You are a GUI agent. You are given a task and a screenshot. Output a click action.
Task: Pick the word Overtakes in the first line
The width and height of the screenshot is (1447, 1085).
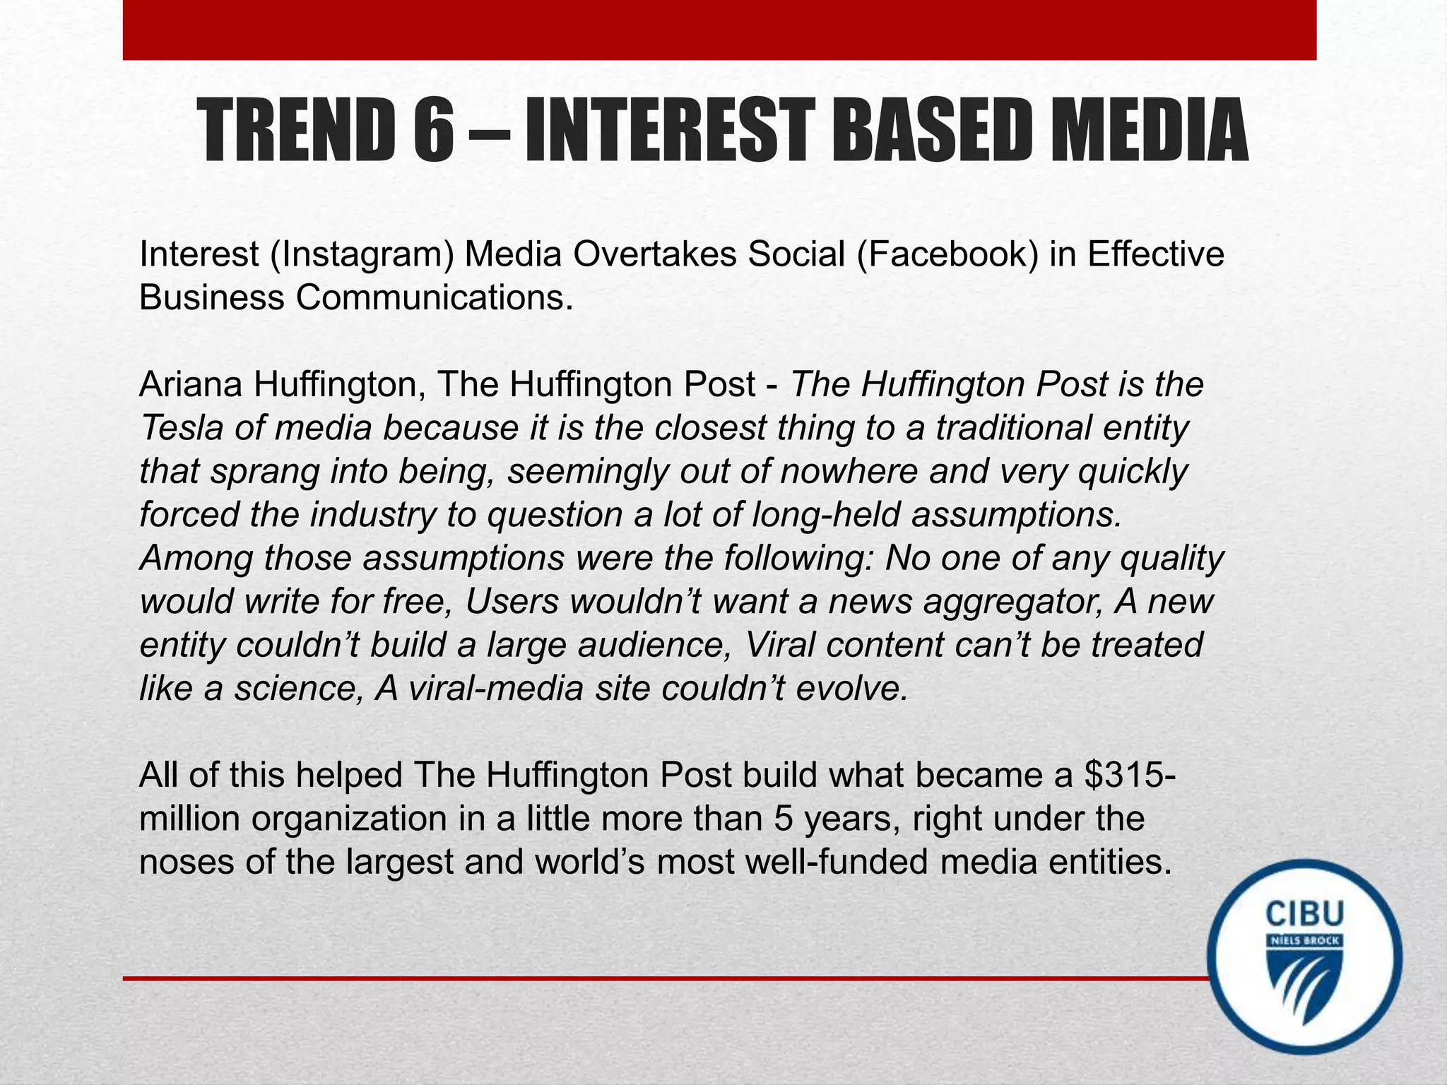pyautogui.click(x=654, y=254)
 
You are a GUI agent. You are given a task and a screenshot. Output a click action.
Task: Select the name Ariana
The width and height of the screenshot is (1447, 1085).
pyautogui.click(x=190, y=385)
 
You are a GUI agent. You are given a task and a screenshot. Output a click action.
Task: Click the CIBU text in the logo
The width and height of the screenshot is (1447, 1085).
pyautogui.click(x=1304, y=914)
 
